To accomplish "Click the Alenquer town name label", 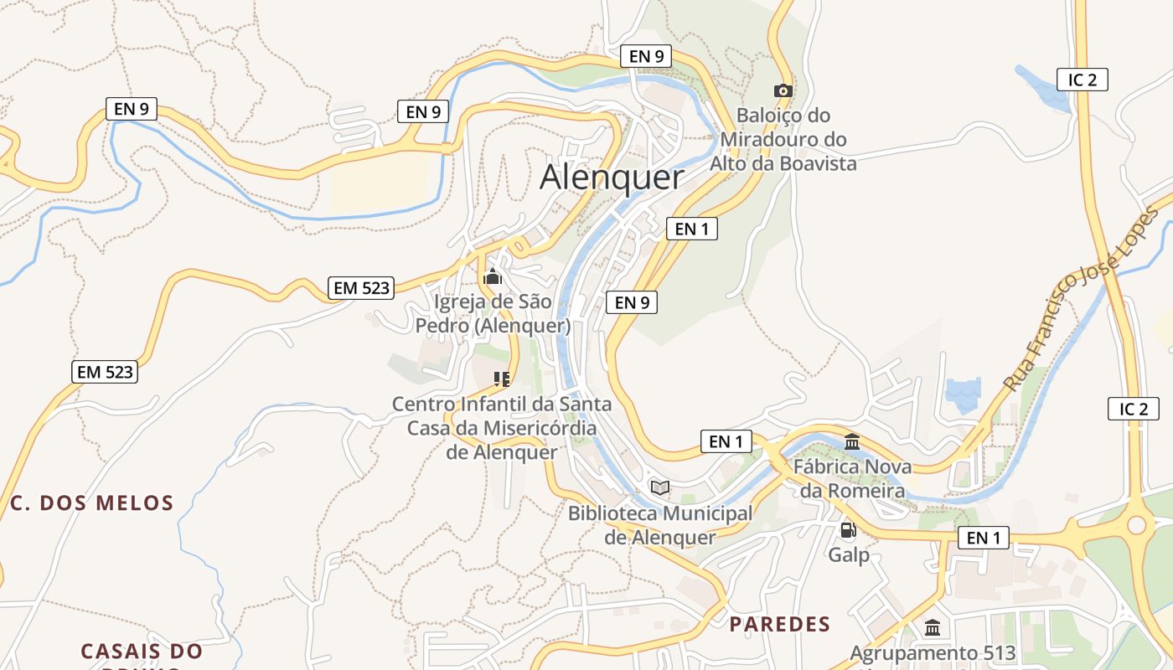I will point(612,178).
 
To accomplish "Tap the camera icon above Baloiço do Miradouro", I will point(783,90).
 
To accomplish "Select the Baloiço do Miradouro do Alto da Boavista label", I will point(783,139).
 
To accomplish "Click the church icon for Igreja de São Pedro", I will point(493,276).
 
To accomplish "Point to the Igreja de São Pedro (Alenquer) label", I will point(493,313).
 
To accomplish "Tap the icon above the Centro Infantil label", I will point(502,379).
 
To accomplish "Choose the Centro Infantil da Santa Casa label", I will point(502,428).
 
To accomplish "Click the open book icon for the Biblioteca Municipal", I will point(660,487).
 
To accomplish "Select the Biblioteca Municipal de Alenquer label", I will point(660,525).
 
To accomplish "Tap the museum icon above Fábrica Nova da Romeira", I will point(852,442).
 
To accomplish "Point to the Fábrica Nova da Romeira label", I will point(852,478).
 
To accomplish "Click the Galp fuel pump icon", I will point(848,530).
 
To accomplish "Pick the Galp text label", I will point(849,555).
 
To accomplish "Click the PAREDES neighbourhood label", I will point(779,624).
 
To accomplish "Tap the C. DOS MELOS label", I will point(92,503).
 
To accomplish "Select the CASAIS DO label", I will point(142,651).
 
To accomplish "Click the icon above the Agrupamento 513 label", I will point(933,627).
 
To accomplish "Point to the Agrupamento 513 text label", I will point(933,653).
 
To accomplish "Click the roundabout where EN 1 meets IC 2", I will point(1136,525).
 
